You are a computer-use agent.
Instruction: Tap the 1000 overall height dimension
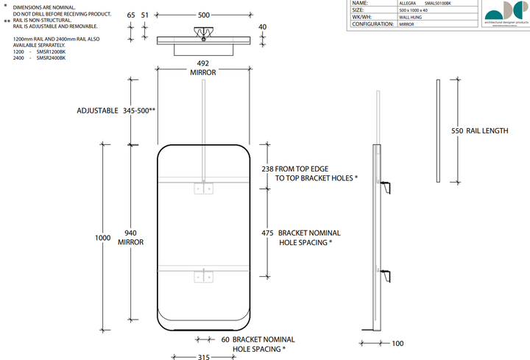tap(103, 238)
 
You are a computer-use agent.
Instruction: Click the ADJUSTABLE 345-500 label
tap(116, 110)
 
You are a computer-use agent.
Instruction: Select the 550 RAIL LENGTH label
tap(479, 131)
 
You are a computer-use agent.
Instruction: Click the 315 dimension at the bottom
tap(204, 358)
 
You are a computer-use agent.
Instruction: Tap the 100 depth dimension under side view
tap(398, 344)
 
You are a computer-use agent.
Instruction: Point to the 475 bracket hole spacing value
tap(267, 233)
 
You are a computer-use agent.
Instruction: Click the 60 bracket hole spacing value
tap(226, 339)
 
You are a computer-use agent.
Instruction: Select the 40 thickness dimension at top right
tap(263, 27)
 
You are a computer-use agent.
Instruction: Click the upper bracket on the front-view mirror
tap(204, 188)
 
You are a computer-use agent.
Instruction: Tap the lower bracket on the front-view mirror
tap(204, 276)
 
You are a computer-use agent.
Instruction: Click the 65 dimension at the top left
tap(131, 14)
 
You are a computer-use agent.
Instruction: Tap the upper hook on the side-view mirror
tap(387, 186)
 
